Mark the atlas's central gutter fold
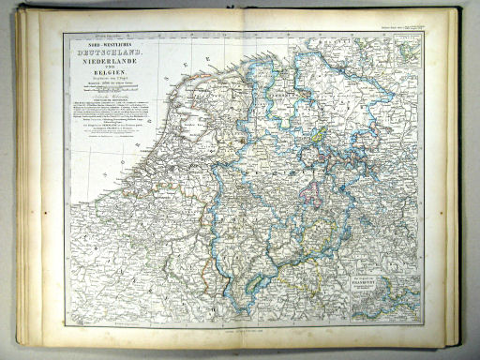click(x=240, y=178)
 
